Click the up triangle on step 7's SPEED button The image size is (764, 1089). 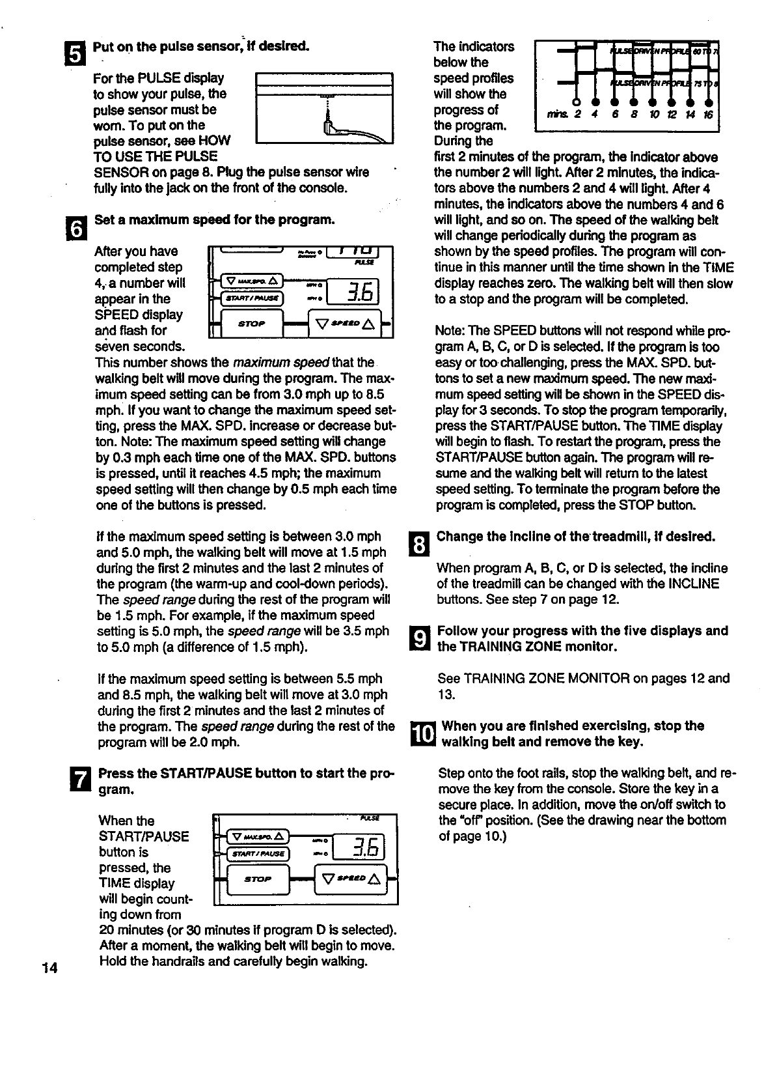click(x=374, y=879)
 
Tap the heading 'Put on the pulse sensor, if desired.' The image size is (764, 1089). click(x=201, y=47)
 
